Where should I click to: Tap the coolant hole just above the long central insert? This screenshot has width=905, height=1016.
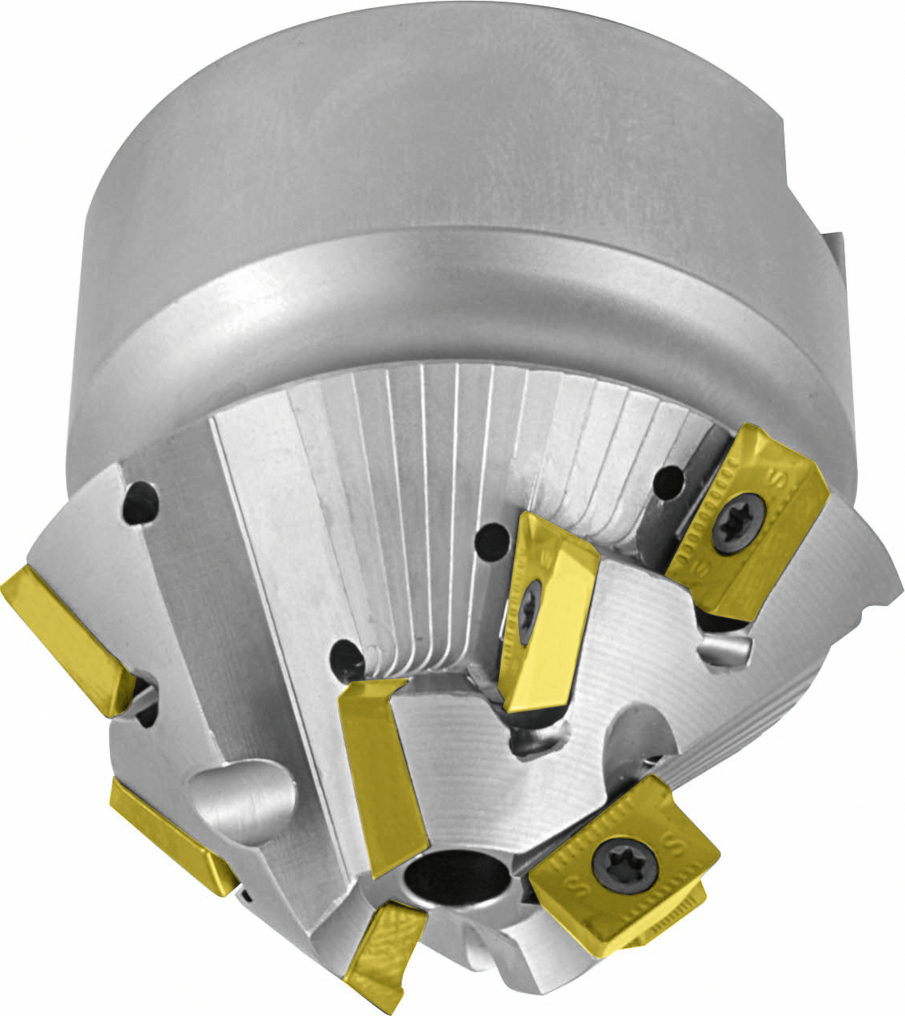pyautogui.click(x=348, y=659)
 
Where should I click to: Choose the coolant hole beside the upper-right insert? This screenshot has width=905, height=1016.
pyautogui.click(x=668, y=481)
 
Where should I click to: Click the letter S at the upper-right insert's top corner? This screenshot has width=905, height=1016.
pyautogui.click(x=772, y=478)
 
